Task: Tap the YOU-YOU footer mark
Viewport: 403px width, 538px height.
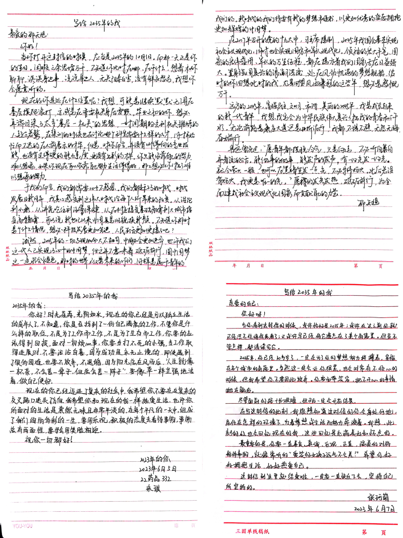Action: click(x=16, y=524)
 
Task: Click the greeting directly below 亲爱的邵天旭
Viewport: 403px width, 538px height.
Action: click(x=23, y=46)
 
